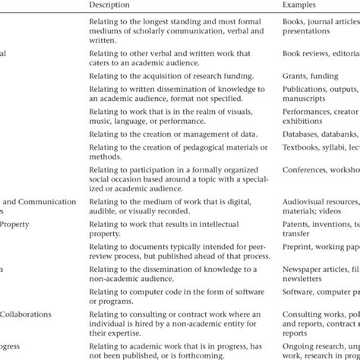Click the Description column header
[x=109, y=4]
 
